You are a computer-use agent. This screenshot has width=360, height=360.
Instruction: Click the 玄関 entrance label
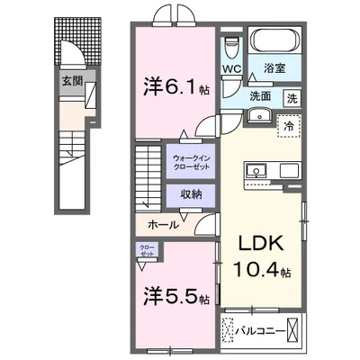(71, 81)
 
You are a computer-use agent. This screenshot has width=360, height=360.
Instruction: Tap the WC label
(231, 67)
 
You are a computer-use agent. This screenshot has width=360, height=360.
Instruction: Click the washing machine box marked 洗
(292, 97)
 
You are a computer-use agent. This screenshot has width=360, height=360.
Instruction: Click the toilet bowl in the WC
(231, 44)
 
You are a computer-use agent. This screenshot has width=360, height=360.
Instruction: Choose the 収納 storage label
(189, 193)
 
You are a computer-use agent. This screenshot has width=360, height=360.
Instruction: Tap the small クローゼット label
(146, 251)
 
